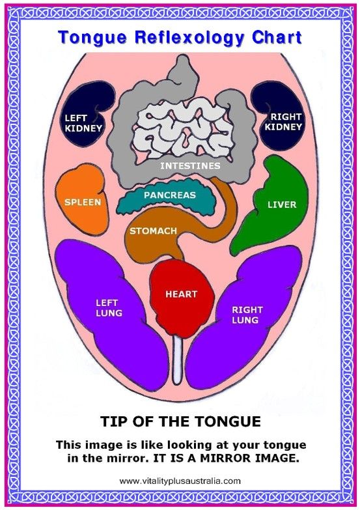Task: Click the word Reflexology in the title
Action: (x=189, y=38)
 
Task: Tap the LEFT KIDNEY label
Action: (x=83, y=123)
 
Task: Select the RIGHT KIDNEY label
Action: (x=283, y=122)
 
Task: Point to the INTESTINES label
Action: (x=190, y=165)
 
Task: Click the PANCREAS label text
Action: (x=170, y=195)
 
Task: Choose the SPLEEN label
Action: (x=83, y=202)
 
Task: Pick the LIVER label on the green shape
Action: (x=282, y=205)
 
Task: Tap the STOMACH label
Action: (x=153, y=231)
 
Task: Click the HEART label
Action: (x=181, y=294)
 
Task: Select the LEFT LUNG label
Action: (x=109, y=308)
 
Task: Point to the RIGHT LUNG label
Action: (x=247, y=315)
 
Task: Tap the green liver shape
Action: (x=273, y=208)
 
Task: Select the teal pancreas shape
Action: (x=166, y=199)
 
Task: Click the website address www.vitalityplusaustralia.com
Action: (x=180, y=481)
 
